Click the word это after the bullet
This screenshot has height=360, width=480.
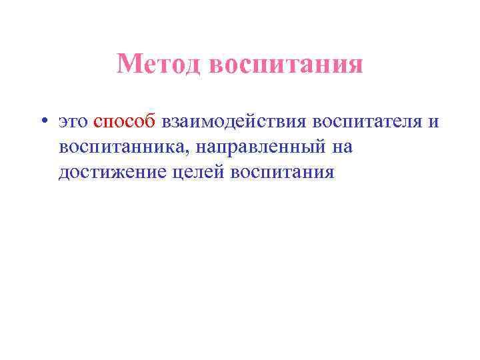pos(73,122)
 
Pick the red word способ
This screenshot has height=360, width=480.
pos(125,122)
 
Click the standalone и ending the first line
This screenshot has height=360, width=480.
pos(433,123)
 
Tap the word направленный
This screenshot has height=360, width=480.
pos(259,147)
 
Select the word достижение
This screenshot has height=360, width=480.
pos(109,172)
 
